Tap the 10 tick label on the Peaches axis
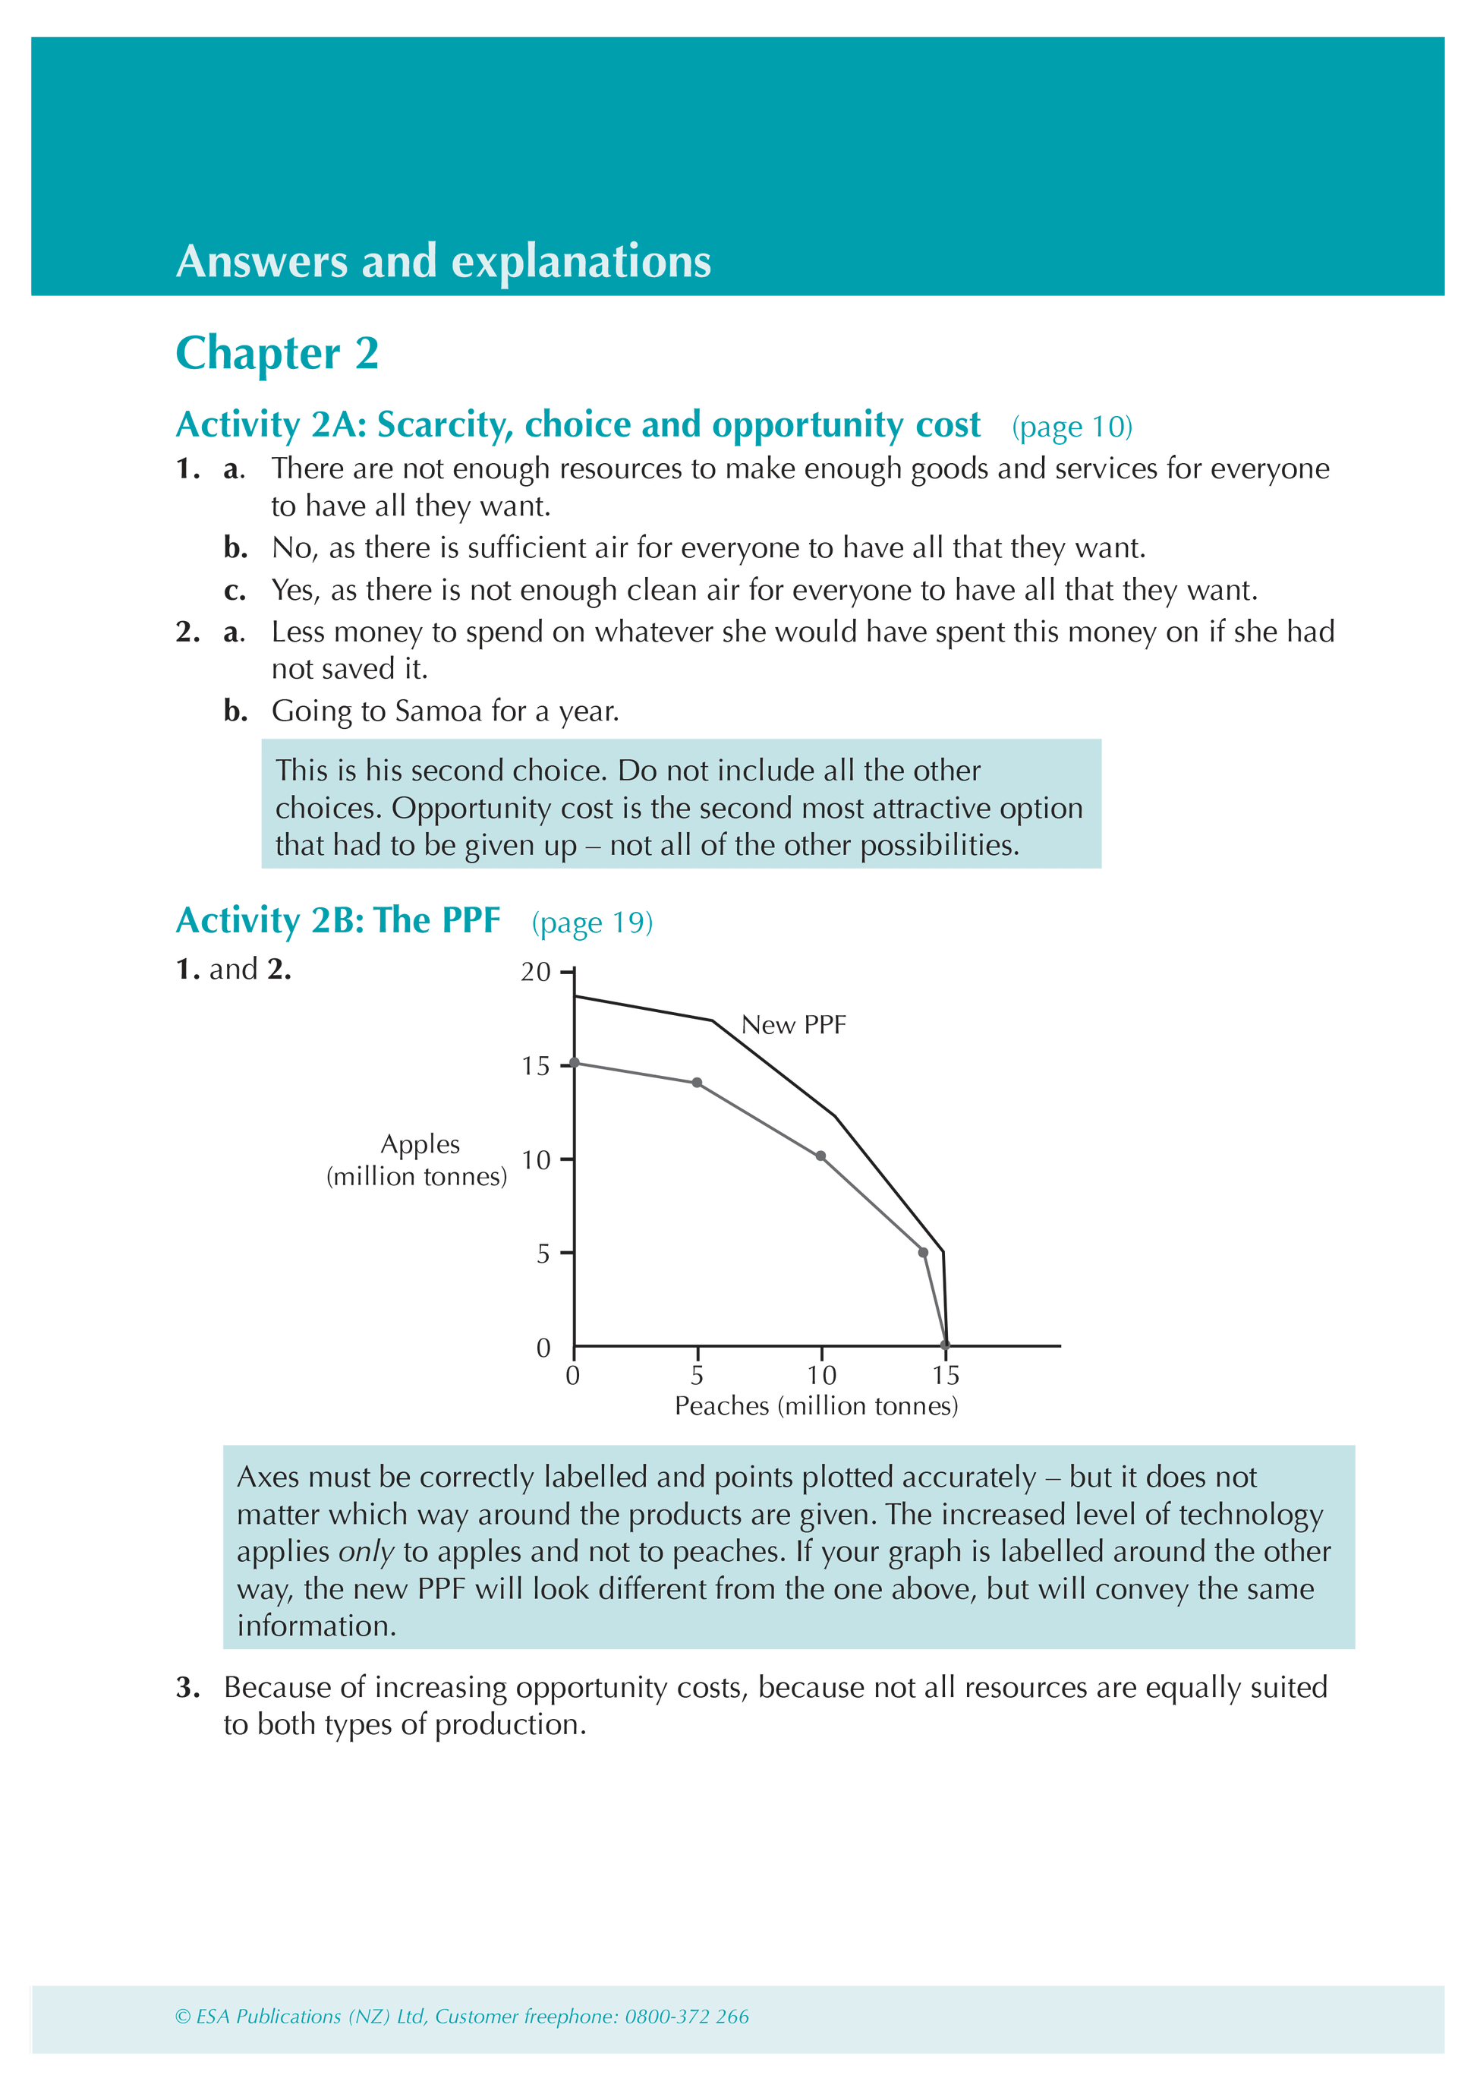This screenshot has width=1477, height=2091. [x=821, y=1375]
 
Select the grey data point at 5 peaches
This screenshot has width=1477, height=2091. [x=697, y=1083]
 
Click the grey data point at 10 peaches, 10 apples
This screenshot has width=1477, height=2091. [x=820, y=1156]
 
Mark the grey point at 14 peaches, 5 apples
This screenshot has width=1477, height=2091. [x=924, y=1253]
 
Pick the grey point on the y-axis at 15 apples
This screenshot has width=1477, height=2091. [x=575, y=1063]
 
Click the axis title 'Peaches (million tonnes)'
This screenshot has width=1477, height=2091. [x=816, y=1406]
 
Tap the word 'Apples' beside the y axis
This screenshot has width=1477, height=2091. [x=420, y=1144]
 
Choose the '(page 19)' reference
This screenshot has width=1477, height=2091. [x=592, y=922]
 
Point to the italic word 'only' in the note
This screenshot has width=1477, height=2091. [x=366, y=1552]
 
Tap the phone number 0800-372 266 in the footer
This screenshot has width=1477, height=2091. [x=687, y=2017]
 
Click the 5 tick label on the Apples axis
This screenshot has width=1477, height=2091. [x=543, y=1254]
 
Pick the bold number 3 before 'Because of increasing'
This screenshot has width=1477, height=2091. [x=187, y=1688]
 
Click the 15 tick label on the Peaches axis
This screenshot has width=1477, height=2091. [x=945, y=1375]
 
